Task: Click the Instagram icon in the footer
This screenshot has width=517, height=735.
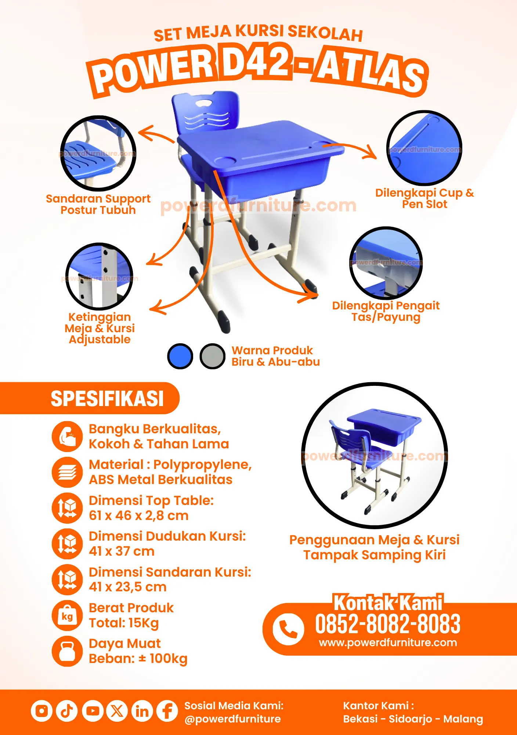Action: [41, 711]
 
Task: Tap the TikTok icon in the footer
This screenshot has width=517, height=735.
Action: [67, 711]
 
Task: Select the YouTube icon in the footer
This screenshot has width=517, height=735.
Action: [93, 711]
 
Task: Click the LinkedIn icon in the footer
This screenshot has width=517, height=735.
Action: [142, 711]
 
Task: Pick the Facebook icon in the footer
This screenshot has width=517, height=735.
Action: [167, 711]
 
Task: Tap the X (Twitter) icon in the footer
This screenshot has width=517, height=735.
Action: [117, 711]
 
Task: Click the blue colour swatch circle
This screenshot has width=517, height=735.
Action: [180, 356]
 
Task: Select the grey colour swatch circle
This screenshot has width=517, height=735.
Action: [213, 356]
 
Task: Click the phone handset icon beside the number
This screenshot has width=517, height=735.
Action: [288, 629]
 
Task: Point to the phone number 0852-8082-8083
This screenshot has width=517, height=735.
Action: [388, 624]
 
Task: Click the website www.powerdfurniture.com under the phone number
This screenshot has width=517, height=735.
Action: [388, 642]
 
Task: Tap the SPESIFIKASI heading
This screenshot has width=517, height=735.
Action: [107, 399]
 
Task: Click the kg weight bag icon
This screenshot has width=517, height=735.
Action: [67, 616]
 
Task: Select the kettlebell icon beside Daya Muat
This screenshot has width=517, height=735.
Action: [67, 651]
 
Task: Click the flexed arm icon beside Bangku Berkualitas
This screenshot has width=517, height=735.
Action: [67, 437]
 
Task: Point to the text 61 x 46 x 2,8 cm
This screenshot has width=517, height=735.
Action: [138, 516]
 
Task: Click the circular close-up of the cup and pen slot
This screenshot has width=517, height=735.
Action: [424, 147]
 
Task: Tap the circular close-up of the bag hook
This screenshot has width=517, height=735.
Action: [386, 263]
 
